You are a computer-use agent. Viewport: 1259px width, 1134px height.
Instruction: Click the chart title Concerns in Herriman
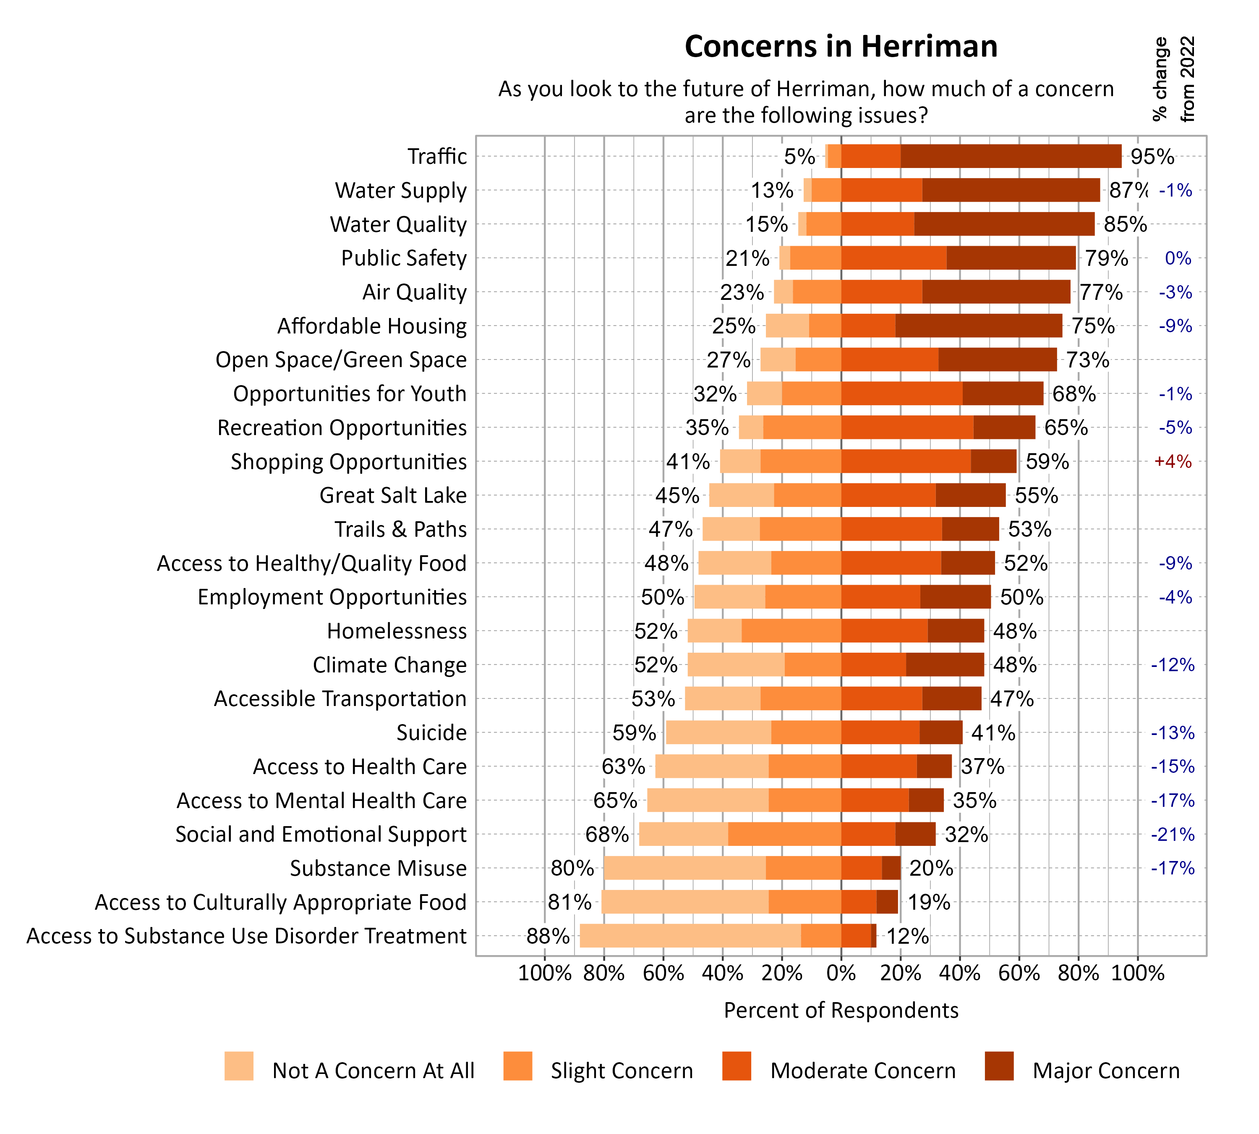[841, 47]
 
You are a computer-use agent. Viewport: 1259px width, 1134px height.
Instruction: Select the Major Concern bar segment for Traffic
[1011, 156]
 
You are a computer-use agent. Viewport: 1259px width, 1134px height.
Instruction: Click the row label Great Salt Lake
[393, 495]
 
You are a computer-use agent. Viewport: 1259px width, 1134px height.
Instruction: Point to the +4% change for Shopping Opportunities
[1173, 462]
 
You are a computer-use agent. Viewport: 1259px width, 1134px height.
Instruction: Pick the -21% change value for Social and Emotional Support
[1173, 834]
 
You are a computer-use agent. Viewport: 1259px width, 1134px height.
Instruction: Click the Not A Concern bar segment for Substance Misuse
[684, 868]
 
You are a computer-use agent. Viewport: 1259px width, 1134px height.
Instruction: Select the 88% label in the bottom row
[548, 936]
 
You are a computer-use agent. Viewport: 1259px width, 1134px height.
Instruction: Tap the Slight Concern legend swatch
[517, 1066]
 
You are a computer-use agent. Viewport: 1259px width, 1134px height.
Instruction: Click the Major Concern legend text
[1106, 1071]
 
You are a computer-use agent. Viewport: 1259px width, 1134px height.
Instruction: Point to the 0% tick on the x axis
[841, 973]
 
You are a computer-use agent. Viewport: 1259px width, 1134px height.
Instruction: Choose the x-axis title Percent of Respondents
[841, 1010]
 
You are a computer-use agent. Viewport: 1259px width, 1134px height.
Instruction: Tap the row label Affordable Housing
[372, 326]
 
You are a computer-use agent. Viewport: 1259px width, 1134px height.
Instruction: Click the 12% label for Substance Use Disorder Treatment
[907, 936]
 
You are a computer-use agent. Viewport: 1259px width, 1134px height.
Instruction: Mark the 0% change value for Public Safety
[1178, 258]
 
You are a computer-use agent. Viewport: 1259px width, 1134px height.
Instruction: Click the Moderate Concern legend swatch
[737, 1066]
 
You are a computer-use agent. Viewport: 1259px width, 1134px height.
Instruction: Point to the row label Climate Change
[389, 665]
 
